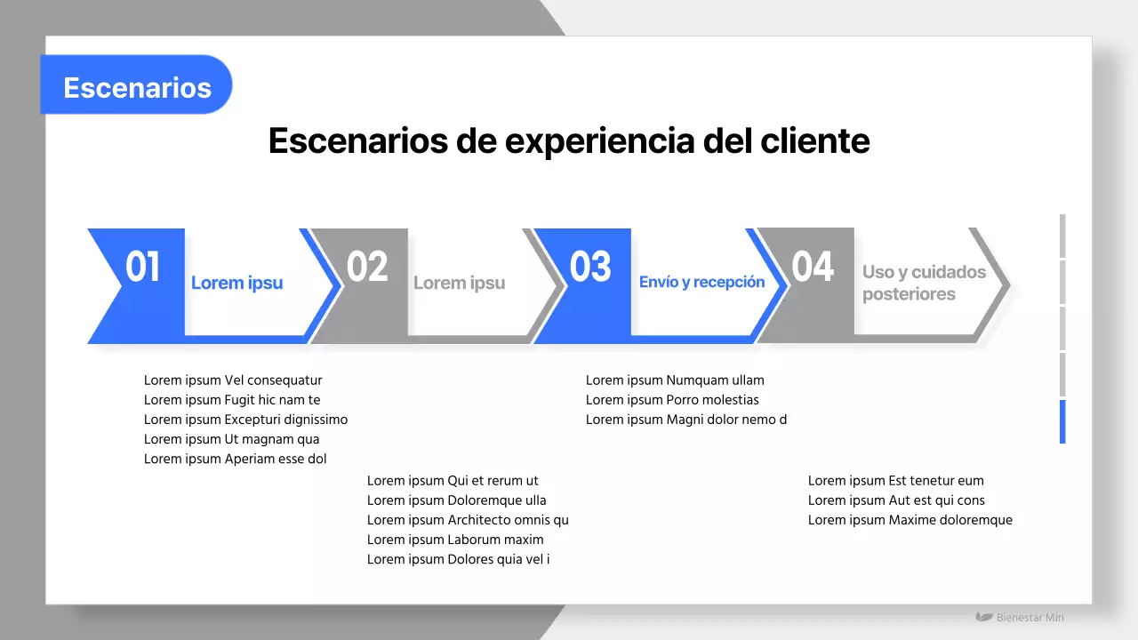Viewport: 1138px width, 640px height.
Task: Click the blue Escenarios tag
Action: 137,87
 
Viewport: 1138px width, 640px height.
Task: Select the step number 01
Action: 142,267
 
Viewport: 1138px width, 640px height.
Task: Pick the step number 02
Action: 367,267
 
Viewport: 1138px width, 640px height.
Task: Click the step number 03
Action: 590,267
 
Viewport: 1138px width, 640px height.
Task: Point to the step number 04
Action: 813,267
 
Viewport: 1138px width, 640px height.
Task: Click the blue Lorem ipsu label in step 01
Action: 236,283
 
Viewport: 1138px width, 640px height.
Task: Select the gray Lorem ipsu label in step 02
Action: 459,283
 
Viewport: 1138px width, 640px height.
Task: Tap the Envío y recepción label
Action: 701,282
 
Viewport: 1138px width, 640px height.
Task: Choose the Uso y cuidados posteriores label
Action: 924,283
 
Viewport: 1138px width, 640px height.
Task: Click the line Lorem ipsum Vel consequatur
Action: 233,380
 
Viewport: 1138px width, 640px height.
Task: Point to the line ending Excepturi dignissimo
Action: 245,420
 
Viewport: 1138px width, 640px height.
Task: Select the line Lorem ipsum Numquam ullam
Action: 675,380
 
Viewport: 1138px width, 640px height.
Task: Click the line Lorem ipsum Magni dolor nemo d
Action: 685,420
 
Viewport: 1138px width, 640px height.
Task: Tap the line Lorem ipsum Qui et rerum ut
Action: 453,481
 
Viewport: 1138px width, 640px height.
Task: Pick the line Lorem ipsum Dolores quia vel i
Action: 458,559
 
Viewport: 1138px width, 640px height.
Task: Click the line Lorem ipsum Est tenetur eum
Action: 895,481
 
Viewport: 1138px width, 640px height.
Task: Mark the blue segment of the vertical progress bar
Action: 1062,421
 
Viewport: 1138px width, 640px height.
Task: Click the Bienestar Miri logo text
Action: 1029,617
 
